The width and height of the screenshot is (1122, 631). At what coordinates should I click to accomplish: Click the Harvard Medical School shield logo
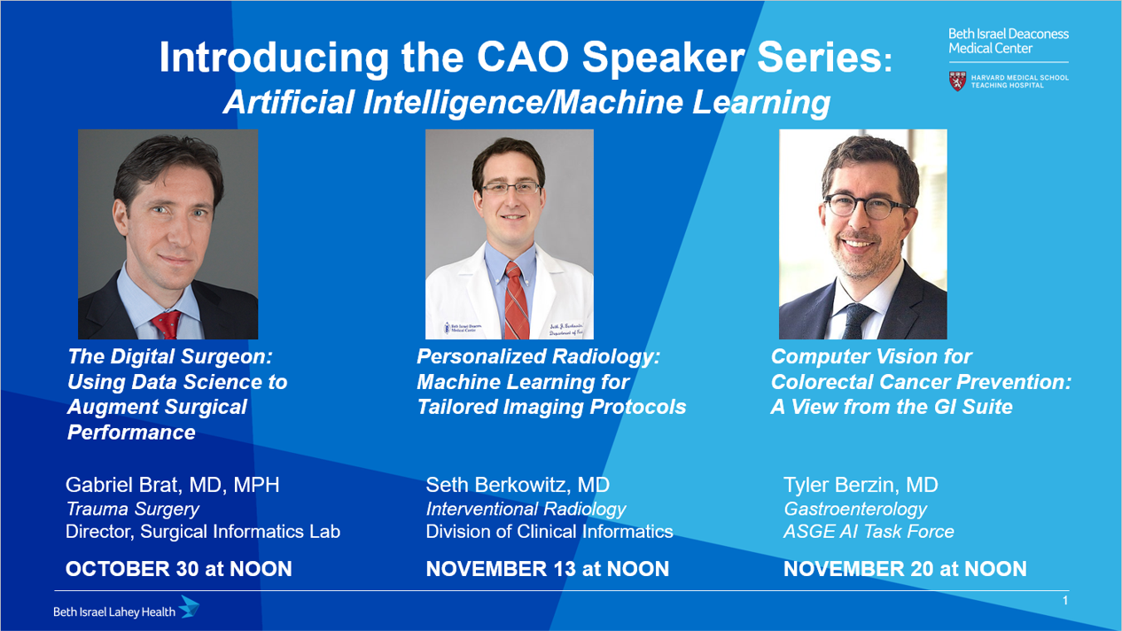958,82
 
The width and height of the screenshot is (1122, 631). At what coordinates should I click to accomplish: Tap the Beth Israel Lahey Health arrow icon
190,606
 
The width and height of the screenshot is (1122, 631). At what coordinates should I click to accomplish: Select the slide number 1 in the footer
1065,601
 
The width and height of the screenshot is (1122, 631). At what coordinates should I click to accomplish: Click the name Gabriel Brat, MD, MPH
172,485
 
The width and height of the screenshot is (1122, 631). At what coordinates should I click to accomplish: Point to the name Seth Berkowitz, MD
518,485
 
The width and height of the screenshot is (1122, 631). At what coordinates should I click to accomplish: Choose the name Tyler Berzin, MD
861,485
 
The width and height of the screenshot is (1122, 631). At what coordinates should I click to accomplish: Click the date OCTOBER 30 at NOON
179,569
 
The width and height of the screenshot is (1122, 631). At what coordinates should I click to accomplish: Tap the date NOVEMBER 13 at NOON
548,569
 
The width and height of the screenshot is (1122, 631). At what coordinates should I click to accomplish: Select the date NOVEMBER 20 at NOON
905,569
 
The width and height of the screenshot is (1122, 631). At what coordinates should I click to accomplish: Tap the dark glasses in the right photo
866,206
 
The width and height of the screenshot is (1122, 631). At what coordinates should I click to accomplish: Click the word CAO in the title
523,58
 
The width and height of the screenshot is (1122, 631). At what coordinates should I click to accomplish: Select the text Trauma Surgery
132,509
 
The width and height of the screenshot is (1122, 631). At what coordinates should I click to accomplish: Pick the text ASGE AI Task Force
869,532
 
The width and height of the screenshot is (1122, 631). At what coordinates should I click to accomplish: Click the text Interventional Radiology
526,509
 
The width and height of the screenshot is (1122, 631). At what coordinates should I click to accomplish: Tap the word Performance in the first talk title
131,432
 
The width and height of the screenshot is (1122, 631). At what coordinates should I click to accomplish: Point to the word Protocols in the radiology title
637,407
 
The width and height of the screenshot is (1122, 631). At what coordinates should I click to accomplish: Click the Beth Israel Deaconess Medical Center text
1009,41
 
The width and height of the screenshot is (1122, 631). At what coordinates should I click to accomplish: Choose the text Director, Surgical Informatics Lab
203,532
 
